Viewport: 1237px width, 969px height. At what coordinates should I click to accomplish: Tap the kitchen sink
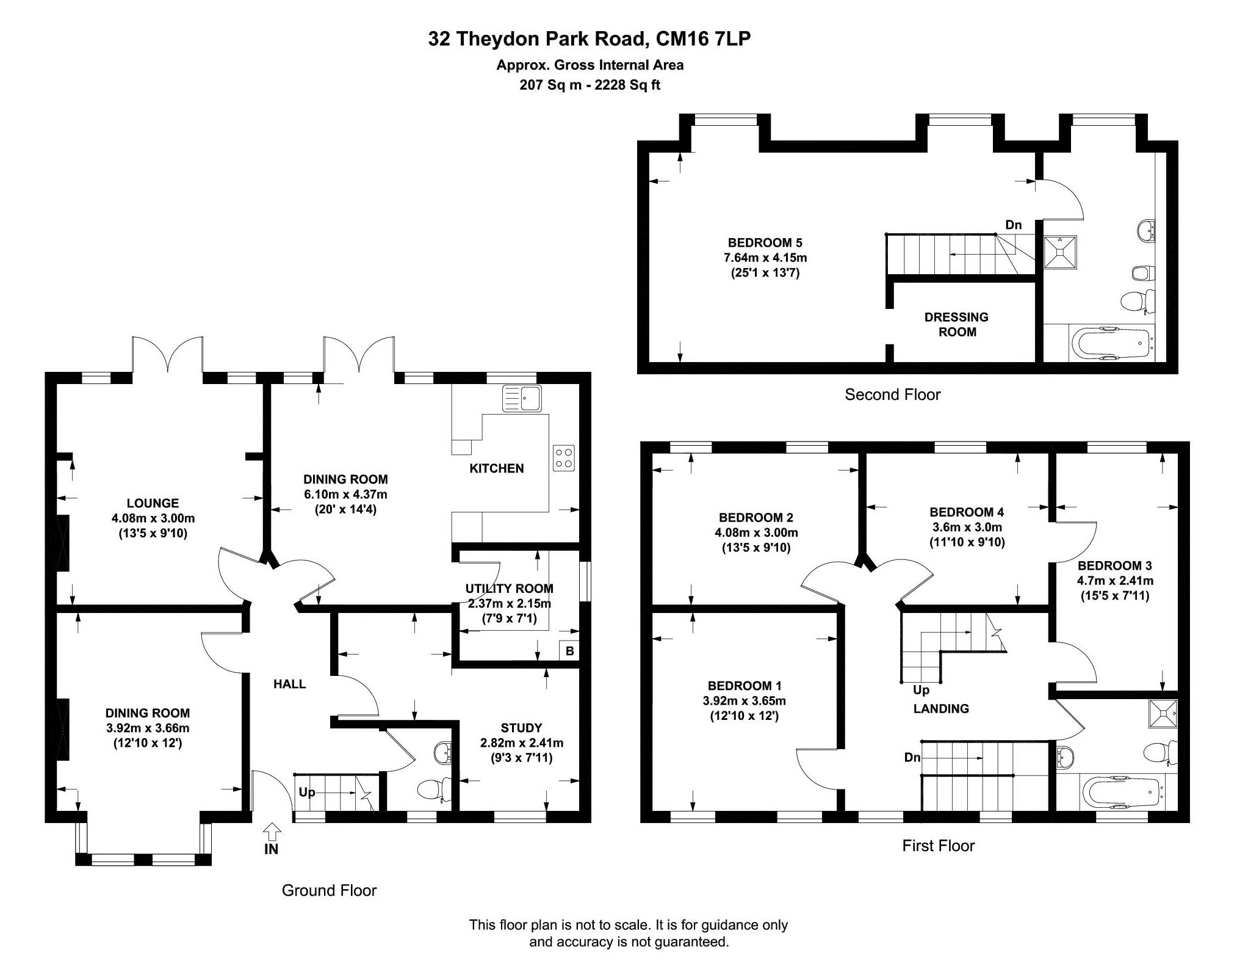pyautogui.click(x=522, y=398)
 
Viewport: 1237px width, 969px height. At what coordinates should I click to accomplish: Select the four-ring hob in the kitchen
pyautogui.click(x=563, y=459)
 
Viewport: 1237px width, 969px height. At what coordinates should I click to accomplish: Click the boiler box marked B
pyautogui.click(x=569, y=651)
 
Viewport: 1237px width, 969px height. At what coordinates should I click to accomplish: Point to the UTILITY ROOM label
pyautogui.click(x=509, y=589)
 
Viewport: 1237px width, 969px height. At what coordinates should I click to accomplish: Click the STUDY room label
pyautogui.click(x=521, y=728)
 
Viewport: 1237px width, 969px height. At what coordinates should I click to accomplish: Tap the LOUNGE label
pyautogui.click(x=153, y=503)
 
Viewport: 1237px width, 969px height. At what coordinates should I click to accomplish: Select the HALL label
pyautogui.click(x=289, y=684)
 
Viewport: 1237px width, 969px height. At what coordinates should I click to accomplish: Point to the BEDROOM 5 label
pyautogui.click(x=765, y=242)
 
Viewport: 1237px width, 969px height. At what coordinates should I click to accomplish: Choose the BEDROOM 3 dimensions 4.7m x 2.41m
pyautogui.click(x=1115, y=581)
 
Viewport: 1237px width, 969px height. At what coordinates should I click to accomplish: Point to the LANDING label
pyautogui.click(x=940, y=708)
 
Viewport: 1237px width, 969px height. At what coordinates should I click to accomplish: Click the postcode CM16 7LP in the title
pyautogui.click(x=703, y=39)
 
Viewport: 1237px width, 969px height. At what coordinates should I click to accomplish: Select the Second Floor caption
pyautogui.click(x=892, y=394)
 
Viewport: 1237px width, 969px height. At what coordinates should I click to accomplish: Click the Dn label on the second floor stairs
pyautogui.click(x=1013, y=225)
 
